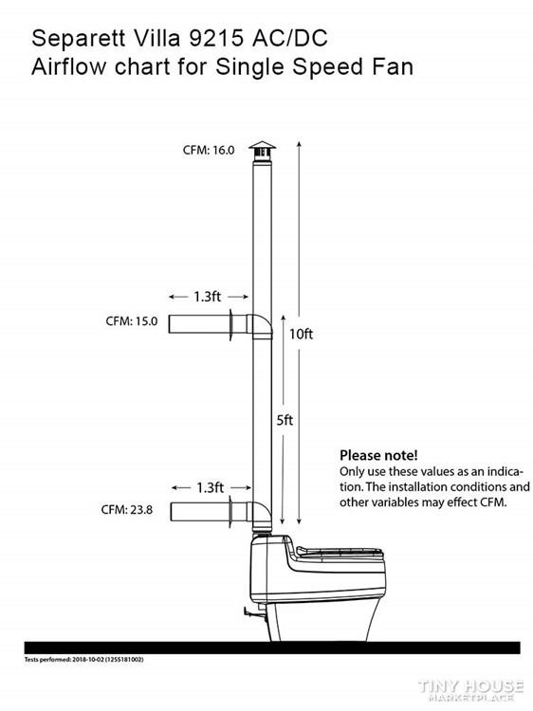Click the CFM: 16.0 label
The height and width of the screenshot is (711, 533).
click(x=209, y=150)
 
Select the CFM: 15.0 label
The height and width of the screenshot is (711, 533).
click(x=132, y=321)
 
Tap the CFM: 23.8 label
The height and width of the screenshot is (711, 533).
click(x=127, y=510)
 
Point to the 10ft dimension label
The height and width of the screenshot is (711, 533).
click(x=302, y=335)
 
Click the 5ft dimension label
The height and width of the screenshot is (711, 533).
click(x=285, y=420)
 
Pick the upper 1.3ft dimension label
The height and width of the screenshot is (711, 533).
click(x=208, y=297)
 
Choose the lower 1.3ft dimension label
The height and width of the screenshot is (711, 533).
click(x=210, y=487)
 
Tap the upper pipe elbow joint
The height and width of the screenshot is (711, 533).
click(x=261, y=325)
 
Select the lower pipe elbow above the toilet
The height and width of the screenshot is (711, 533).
click(x=261, y=516)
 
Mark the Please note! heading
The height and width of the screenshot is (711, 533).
click(x=378, y=455)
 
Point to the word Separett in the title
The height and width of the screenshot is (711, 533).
click(x=78, y=39)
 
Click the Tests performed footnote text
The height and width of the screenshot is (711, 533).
click(x=83, y=659)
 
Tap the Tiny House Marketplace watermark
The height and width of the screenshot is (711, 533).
click(x=470, y=690)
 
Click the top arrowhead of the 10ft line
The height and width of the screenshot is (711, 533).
click(x=299, y=145)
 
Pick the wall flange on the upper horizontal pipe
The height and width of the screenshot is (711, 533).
click(x=230, y=324)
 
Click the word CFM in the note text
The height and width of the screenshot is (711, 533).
click(x=491, y=502)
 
